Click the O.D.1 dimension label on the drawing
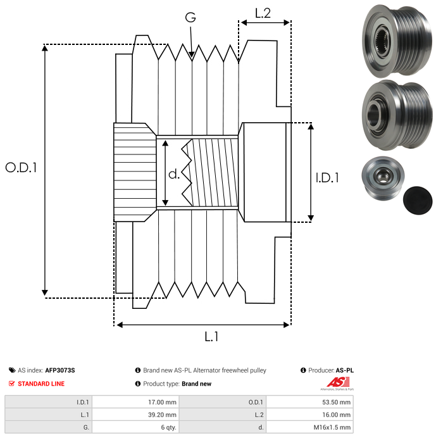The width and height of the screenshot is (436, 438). [21, 168]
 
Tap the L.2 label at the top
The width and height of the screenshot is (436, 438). [263, 13]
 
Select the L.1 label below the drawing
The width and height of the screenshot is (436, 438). [211, 337]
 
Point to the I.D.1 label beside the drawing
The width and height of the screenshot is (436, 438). [327, 178]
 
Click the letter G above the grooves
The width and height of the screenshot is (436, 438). [190, 18]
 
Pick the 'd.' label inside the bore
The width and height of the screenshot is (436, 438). [174, 174]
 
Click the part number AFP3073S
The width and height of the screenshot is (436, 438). [64, 370]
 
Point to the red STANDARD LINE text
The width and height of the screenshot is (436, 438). [41, 384]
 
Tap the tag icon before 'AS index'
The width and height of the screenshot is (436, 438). [12, 370]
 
